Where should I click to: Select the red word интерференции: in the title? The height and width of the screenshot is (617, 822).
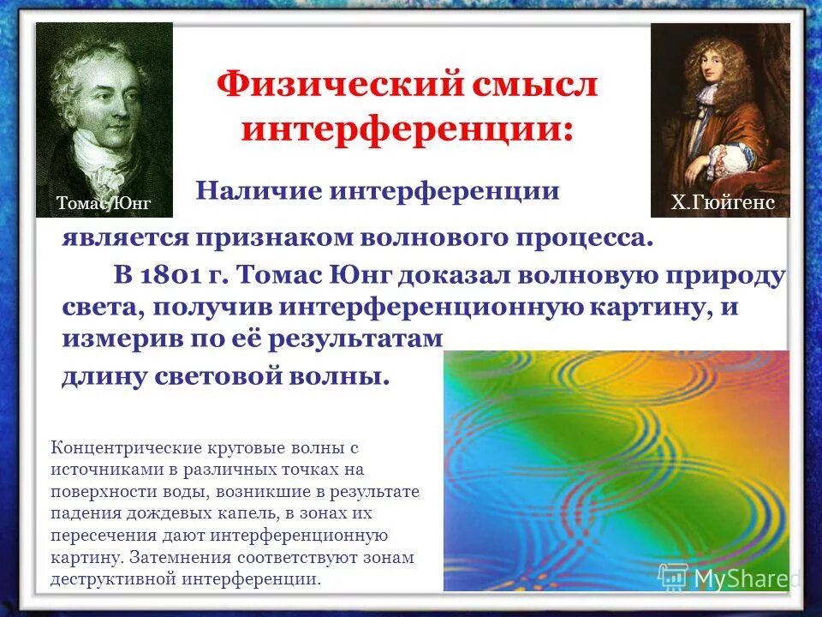407,129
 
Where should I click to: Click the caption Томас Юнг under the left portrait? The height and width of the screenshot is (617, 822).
103,203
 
